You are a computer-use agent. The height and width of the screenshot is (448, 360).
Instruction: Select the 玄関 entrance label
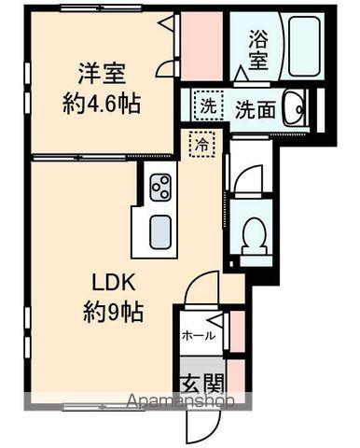(x=200, y=383)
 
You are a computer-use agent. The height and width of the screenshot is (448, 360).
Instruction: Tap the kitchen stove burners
(x=159, y=185)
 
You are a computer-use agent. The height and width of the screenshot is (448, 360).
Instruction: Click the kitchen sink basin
(x=159, y=230)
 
